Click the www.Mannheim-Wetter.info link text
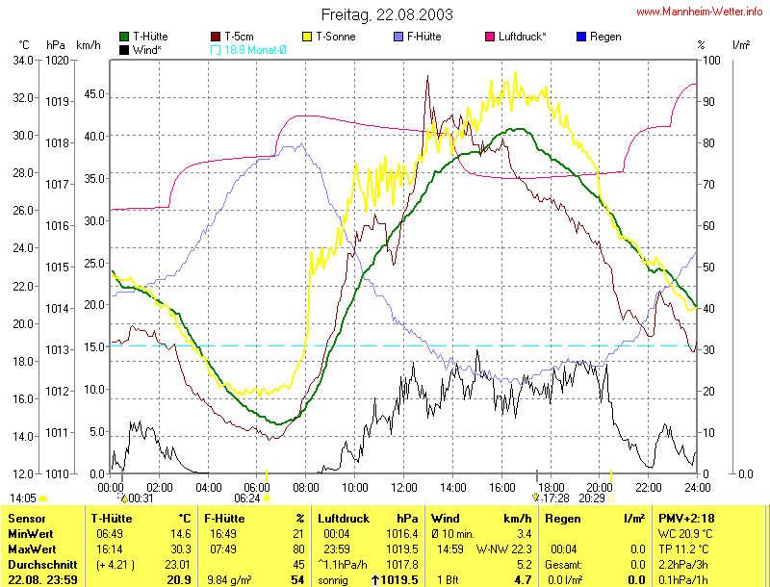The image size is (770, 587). click(x=700, y=12)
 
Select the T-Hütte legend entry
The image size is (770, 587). click(x=149, y=37)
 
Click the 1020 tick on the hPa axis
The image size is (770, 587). click(x=57, y=60)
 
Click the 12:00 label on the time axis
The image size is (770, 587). click(x=403, y=487)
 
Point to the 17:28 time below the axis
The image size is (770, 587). click(x=555, y=498)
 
